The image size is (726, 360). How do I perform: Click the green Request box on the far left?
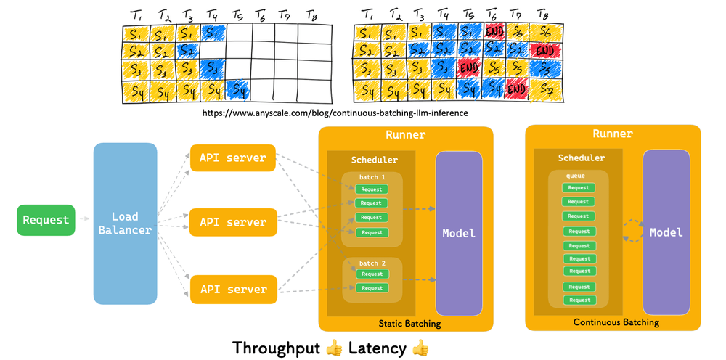[x=46, y=220]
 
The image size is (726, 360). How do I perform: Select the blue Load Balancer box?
[x=125, y=223]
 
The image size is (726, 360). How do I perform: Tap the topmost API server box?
[x=232, y=157]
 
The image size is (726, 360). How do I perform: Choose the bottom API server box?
[x=232, y=289]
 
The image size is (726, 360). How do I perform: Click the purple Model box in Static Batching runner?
[x=459, y=233]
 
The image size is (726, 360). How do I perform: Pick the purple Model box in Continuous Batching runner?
[x=666, y=232]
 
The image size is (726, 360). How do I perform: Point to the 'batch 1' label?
[x=372, y=177]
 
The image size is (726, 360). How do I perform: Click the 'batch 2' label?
[x=372, y=263]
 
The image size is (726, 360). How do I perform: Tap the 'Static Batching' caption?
[x=409, y=324]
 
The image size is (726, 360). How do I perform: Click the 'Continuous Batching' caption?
[x=616, y=322]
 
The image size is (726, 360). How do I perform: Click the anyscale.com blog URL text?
[x=335, y=113]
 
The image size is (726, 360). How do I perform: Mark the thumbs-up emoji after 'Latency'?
[x=420, y=348]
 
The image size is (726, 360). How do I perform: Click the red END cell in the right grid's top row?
[x=494, y=33]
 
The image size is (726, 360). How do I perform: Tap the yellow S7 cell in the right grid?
[x=543, y=91]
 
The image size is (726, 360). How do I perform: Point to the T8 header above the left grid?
[x=311, y=15]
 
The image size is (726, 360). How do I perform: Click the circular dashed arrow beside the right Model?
[x=632, y=232]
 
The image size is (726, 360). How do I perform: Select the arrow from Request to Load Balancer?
[x=84, y=219]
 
